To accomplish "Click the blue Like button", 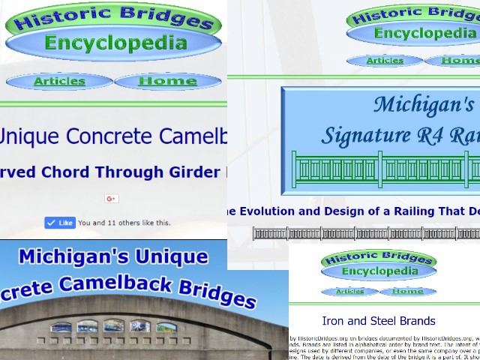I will click(60, 223).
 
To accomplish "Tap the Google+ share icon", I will click(112, 199).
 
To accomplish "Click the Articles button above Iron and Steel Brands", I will click(349, 291).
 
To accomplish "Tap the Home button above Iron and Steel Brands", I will click(407, 291).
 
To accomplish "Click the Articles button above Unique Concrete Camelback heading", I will click(59, 81).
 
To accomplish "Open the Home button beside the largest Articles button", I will click(167, 81).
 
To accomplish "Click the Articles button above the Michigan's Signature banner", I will click(385, 61).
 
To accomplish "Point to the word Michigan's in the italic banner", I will click(424, 104).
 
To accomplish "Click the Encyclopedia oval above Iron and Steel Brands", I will click(378, 271).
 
